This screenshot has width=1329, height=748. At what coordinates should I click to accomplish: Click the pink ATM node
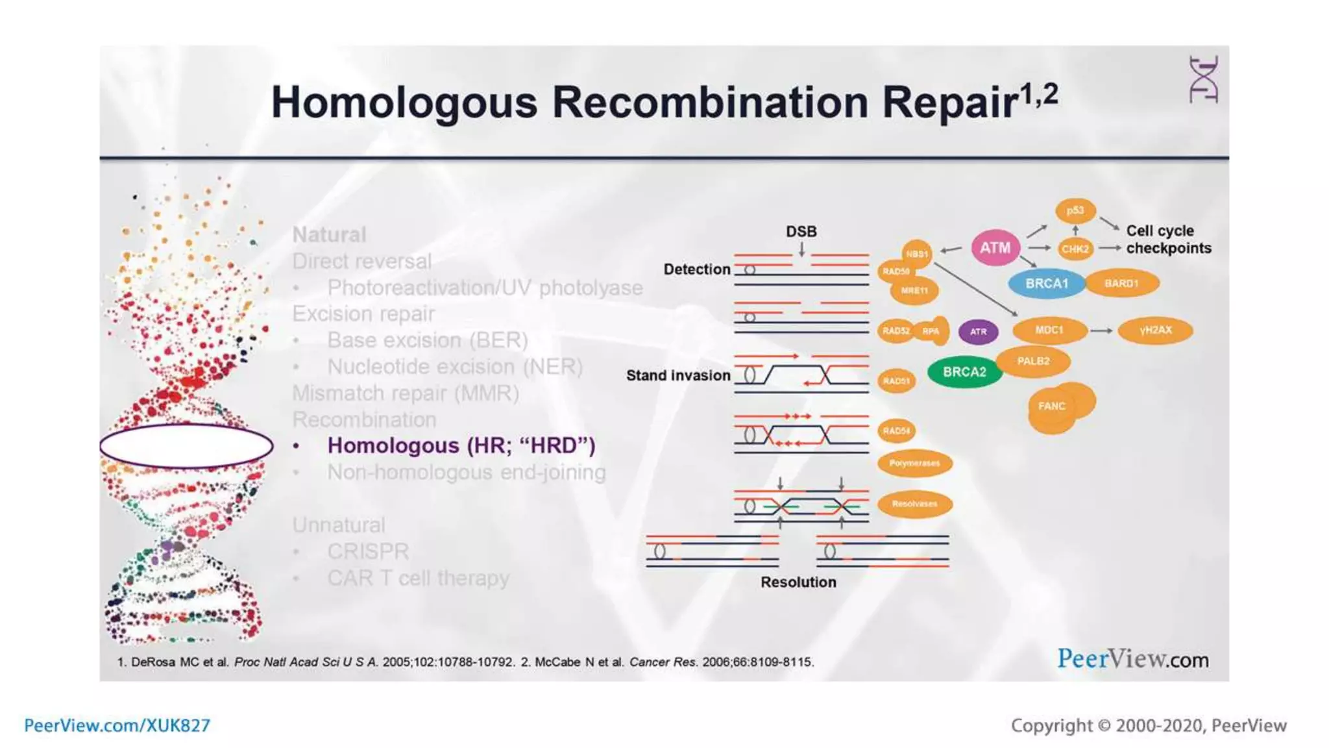click(995, 248)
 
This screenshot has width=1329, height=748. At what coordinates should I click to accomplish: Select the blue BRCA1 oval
click(1046, 284)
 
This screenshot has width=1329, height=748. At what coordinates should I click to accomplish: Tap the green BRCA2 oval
click(964, 372)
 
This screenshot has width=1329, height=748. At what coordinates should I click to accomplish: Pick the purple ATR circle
click(978, 332)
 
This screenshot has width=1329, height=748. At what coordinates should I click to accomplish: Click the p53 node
click(1075, 210)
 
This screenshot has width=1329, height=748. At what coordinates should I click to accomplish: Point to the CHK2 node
click(1075, 249)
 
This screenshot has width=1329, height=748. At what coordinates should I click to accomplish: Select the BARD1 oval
click(1121, 284)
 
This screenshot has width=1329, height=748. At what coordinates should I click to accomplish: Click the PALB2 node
click(1033, 361)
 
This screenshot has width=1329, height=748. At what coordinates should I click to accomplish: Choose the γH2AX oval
click(1156, 330)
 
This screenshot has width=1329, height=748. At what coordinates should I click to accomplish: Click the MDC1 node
click(1049, 330)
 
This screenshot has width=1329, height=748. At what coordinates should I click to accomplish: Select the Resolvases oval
click(914, 504)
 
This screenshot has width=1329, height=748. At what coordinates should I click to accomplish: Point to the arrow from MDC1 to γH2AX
click(1101, 331)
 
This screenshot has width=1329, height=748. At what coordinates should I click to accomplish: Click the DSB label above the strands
click(801, 232)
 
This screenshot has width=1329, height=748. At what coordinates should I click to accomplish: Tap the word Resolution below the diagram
click(798, 582)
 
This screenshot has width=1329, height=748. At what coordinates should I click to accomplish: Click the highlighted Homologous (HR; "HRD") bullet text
click(461, 446)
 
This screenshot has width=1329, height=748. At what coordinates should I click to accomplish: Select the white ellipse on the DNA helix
click(186, 446)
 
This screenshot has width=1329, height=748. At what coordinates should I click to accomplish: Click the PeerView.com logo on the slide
click(1133, 659)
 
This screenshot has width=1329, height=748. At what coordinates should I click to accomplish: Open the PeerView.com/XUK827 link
click(117, 725)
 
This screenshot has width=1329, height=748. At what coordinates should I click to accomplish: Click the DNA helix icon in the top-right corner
click(1204, 80)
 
